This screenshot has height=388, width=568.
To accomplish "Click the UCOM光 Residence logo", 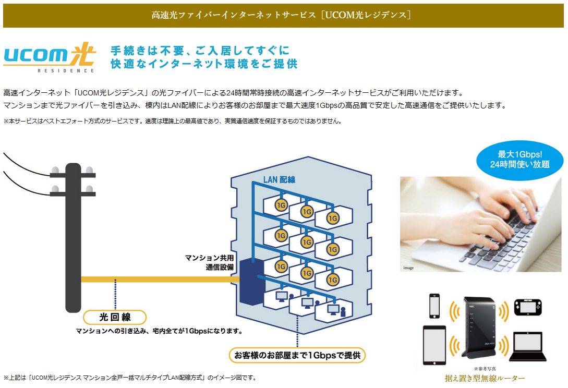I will tap(49, 57).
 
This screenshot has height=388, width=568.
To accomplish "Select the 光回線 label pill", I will tap(114, 317).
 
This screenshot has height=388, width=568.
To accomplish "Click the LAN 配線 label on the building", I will tap(279, 179).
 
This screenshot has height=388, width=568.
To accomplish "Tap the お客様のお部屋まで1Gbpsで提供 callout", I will tap(297, 356).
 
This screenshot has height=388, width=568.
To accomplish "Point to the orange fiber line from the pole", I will tap(156, 280).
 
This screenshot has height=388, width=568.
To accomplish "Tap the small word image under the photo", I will tap(408, 268).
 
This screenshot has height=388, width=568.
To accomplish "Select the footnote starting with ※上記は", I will tap(130, 377).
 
